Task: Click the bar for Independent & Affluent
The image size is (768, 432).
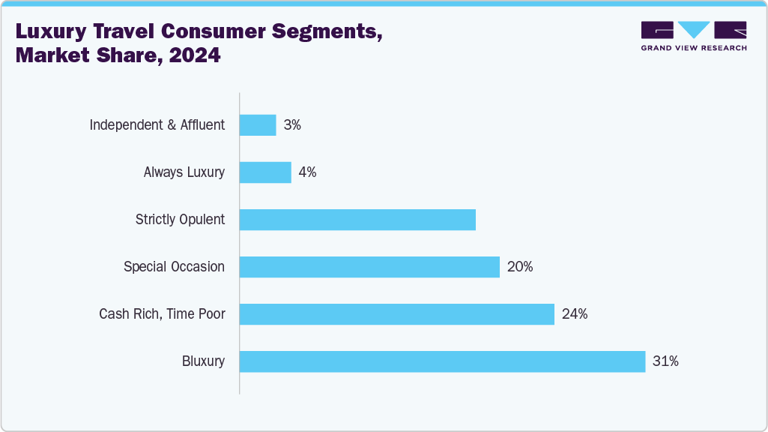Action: [258, 125]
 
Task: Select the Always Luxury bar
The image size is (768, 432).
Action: [265, 172]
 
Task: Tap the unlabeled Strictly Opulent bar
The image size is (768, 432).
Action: [357, 220]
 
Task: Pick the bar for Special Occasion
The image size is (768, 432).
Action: [369, 267]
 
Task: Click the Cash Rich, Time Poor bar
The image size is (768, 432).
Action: [396, 314]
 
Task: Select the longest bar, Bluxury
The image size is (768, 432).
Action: [442, 361]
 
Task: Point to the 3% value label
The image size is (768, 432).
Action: [292, 125]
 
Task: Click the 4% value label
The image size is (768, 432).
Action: [307, 172]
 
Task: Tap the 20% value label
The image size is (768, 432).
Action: [520, 267]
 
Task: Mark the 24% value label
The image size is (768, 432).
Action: [575, 314]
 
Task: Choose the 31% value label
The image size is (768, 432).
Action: [665, 361]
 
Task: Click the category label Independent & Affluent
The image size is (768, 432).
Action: [157, 125]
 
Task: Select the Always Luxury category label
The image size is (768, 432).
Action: [184, 172]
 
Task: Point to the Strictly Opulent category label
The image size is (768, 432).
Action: [180, 220]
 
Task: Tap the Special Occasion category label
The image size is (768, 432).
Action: [174, 267]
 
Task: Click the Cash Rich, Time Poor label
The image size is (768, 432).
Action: [162, 314]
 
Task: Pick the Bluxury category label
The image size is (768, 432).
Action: [203, 361]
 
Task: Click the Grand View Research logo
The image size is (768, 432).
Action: [693, 36]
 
